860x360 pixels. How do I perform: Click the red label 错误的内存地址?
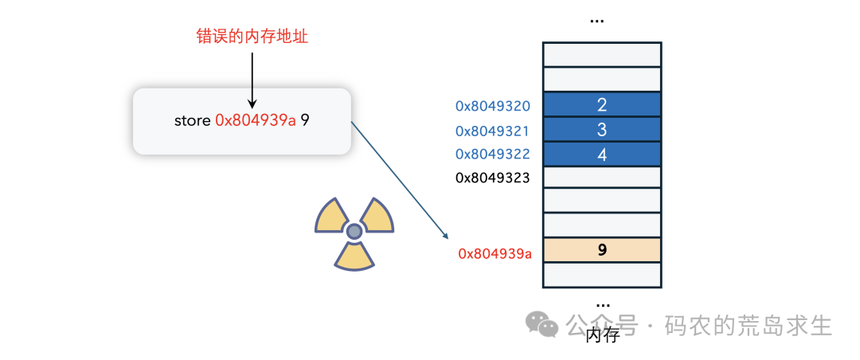coord(252,36)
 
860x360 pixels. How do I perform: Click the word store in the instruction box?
coord(193,121)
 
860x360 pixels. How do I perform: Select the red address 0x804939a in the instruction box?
coord(256,121)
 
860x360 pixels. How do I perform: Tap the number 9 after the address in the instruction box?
coord(305,121)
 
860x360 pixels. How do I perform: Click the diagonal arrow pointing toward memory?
coord(398,180)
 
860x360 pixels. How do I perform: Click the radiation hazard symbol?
coord(354,230)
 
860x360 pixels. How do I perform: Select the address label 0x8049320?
coord(493,106)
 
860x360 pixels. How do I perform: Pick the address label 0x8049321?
coord(493,131)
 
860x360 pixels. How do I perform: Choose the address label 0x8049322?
coord(493,155)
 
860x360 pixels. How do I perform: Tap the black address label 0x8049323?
coord(493,178)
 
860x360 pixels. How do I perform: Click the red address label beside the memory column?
coord(494,254)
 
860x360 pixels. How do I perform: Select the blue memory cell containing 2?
coord(602,105)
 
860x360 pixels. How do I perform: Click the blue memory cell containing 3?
coord(602,130)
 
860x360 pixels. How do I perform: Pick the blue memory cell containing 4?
coord(602,155)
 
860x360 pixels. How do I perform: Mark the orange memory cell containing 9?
coord(602,250)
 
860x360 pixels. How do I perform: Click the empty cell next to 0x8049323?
coord(602,178)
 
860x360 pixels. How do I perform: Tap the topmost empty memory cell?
coord(602,54)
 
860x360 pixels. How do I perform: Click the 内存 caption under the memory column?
coord(602,335)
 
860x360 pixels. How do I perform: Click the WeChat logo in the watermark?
coord(541,324)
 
